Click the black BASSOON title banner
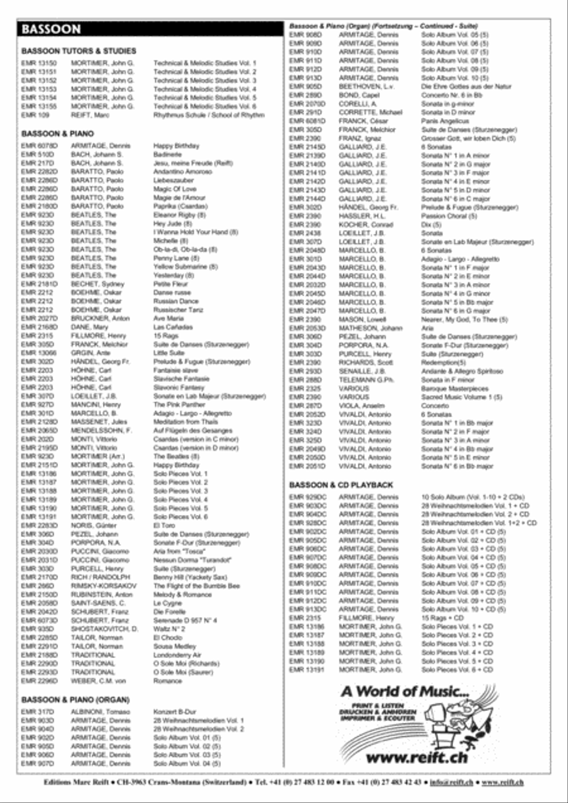[150, 30]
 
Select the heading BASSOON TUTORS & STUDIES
[78, 51]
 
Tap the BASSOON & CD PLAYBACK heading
[341, 485]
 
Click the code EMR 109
[33, 115]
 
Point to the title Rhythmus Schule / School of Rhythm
[208, 115]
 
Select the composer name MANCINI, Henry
[95, 405]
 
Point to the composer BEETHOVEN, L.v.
[367, 86]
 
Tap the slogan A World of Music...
[405, 692]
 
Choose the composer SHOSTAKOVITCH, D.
[104, 629]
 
